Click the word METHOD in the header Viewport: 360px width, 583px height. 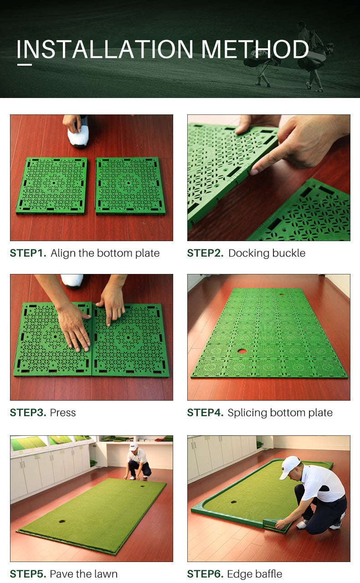click(255, 49)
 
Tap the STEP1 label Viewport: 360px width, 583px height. click(28, 253)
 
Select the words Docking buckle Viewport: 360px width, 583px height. click(267, 253)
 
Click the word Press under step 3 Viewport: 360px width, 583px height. click(63, 413)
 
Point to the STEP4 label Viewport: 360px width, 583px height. click(205, 413)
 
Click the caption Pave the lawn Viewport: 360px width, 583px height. click(83, 574)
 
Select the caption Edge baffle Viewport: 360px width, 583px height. click(255, 574)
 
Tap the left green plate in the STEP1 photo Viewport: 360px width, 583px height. click(51, 186)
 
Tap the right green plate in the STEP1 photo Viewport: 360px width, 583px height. click(130, 186)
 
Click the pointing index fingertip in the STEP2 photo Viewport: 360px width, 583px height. click(254, 171)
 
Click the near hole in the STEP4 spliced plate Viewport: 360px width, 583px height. click(242, 351)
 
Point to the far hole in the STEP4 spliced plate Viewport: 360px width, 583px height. click(282, 294)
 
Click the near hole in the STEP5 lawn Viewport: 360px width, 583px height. click(62, 521)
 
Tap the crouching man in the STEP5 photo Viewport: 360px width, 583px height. click(137, 461)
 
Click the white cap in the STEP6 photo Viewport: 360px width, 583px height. click(289, 467)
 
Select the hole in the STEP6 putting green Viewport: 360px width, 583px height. click(234, 502)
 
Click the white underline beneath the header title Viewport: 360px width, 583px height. click(25, 65)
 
